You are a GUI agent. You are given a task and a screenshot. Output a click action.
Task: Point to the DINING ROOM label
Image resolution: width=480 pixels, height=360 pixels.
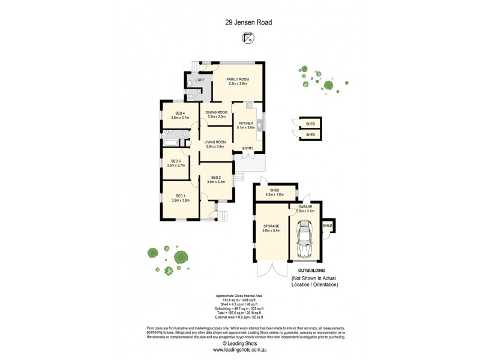tap(216, 112)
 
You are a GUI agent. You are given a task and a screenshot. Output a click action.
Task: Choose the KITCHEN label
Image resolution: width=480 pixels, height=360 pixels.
tap(246, 124)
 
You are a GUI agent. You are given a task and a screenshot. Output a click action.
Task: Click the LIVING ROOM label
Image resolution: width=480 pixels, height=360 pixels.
tap(214, 142)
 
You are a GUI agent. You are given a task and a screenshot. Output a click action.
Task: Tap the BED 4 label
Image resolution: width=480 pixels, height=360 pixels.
tap(180, 113)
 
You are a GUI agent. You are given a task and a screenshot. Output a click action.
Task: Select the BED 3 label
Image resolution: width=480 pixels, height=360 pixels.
tap(176, 161)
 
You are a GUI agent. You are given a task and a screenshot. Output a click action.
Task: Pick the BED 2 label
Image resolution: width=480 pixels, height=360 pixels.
tap(216, 178)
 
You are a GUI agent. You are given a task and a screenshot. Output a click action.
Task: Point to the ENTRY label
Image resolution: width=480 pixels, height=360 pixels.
tap(247, 148)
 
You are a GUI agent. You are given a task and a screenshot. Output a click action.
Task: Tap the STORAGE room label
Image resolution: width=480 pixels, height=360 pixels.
tap(271, 226)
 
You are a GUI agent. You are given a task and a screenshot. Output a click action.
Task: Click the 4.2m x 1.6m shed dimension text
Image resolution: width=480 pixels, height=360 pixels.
tap(275, 195)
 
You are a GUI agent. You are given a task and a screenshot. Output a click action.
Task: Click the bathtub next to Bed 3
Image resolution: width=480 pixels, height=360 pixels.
tap(170, 143)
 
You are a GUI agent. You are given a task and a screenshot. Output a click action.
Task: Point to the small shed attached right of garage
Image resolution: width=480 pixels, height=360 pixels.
tap(328, 226)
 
